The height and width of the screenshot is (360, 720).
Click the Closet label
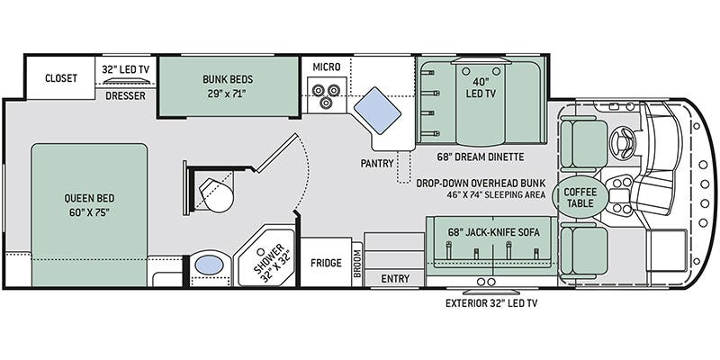(x=61, y=78)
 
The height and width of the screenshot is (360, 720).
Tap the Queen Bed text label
(x=89, y=205)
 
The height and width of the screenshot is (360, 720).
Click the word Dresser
(x=124, y=95)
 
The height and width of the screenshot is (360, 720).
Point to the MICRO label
(x=327, y=67)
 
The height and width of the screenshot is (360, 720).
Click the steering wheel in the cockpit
(x=621, y=140)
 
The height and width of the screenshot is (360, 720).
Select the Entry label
(x=394, y=279)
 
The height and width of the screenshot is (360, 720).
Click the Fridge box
(x=325, y=263)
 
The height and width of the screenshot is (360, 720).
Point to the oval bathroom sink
(x=210, y=266)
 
